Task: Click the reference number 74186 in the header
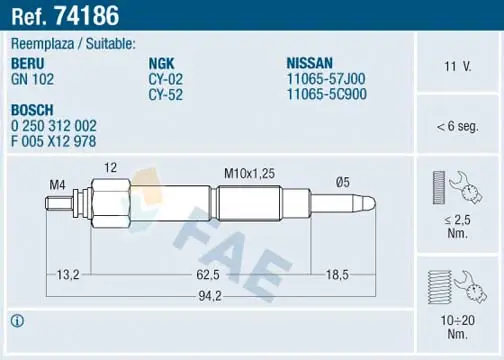pos(86,16)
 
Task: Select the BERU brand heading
pos(28,63)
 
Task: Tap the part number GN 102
pos(32,79)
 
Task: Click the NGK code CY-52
pos(166,95)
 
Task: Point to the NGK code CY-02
pos(166,79)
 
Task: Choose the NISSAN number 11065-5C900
pos(327,94)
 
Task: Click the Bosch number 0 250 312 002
pos(54,126)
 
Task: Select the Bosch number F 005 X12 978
pos(53,141)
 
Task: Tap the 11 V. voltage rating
pos(458,66)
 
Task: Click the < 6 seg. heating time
pos(458,126)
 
